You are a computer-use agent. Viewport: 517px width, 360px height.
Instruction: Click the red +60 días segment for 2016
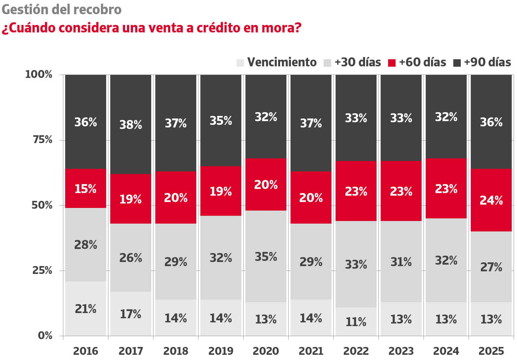86,189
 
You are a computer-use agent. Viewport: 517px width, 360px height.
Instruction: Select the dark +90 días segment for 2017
131,124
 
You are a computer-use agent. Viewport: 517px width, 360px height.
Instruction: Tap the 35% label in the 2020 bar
266,257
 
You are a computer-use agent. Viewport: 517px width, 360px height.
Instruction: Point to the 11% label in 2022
356,322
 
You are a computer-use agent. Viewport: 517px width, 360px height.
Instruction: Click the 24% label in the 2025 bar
491,200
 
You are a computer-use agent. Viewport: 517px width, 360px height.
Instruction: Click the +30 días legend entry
352,62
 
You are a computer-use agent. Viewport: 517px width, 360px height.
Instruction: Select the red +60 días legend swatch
392,63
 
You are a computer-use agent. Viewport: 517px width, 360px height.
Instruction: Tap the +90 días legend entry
482,62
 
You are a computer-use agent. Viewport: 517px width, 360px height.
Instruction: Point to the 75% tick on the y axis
43,140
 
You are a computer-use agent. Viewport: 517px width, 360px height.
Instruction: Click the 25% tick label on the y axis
43,270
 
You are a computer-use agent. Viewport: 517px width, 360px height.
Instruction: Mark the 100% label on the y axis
39,75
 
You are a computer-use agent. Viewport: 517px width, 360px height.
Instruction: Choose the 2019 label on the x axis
221,351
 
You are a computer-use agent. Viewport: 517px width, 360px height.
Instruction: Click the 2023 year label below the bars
401,351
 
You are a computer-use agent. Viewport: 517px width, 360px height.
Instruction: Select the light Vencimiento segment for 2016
86,309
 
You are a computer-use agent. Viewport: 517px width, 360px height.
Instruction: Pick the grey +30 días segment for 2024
446,260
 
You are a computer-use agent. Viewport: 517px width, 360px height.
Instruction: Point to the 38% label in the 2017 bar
131,125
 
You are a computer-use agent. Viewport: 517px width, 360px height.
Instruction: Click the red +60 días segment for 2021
311,198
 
